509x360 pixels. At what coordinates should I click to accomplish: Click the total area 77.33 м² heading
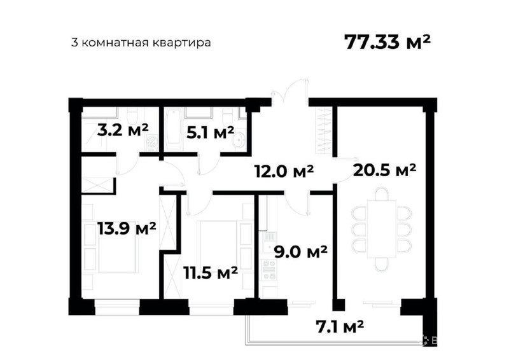coord(387,42)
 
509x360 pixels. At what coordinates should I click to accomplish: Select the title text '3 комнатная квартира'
coord(141,43)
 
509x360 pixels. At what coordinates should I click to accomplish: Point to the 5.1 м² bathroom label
coord(211,132)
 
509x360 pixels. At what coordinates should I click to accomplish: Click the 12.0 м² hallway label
coord(284,170)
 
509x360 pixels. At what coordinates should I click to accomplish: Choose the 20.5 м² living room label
coord(385,169)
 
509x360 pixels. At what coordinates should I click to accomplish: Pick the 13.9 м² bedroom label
coord(127,228)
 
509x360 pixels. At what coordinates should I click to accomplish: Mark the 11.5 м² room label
coord(211,273)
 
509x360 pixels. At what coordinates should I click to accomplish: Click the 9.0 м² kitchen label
coord(300,252)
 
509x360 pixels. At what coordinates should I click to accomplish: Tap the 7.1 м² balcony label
coord(340,326)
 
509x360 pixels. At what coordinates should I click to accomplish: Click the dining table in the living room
coord(381,229)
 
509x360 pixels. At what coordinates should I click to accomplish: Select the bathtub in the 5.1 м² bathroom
coord(172,130)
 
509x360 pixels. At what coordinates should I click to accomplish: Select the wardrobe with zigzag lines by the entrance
coord(324,130)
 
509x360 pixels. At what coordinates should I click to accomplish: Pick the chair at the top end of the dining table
coord(381,194)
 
